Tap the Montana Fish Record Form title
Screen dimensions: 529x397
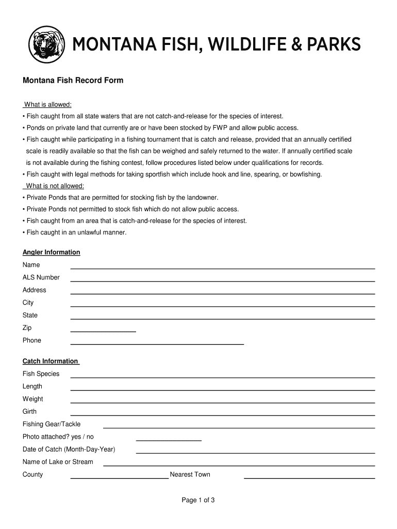click(73, 81)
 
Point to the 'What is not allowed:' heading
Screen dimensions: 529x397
click(55, 186)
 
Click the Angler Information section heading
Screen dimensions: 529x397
click(51, 252)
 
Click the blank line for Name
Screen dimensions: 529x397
click(222, 268)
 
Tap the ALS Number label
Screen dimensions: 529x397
click(41, 277)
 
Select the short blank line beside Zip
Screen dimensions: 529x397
click(103, 331)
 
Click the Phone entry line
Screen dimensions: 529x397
click(157, 344)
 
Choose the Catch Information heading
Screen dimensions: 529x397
click(50, 361)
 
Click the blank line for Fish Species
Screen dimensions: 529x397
click(222, 377)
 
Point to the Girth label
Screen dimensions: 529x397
click(29, 412)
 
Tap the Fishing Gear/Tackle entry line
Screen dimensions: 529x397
click(239, 427)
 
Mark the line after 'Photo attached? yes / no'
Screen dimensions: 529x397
click(168, 440)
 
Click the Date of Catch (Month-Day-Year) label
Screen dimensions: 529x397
click(69, 449)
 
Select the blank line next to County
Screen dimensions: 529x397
click(119, 478)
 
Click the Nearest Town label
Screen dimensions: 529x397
click(190, 475)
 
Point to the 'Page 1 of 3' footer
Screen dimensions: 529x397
click(198, 500)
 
